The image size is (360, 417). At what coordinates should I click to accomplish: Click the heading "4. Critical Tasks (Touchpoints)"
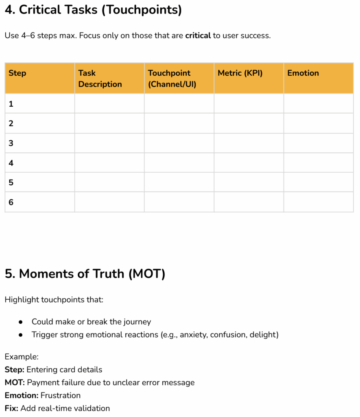93,10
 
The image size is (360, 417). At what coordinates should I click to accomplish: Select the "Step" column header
17,73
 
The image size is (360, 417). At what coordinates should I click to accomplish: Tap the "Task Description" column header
100,79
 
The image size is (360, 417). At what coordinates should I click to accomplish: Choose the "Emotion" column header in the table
303,73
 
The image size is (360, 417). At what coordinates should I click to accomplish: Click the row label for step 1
11,104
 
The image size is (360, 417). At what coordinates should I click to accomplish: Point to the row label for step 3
11,143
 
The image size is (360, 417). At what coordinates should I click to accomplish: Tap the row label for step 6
11,202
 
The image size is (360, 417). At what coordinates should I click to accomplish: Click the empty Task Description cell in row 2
109,123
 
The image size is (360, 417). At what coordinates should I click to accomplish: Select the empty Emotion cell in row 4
319,163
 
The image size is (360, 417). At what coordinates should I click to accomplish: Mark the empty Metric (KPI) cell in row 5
249,182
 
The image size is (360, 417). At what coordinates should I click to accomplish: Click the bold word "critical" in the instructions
198,35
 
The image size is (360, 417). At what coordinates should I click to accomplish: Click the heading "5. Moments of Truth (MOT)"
85,274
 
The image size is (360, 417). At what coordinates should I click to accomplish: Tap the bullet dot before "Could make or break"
21,322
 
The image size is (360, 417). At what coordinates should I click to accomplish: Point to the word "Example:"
22,357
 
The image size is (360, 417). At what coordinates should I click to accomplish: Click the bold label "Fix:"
11,408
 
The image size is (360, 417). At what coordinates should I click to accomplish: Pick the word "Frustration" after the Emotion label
61,395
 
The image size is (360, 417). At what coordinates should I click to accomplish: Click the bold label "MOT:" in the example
15,382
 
